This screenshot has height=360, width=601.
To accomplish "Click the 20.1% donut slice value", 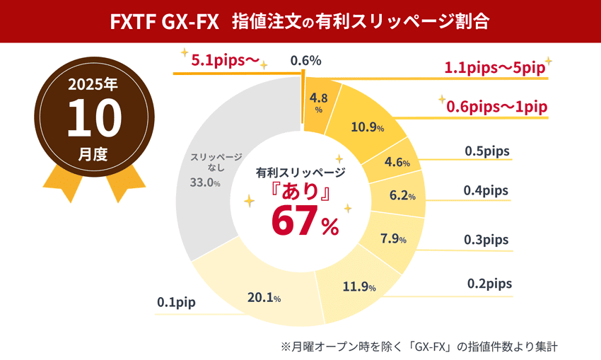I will click(264, 298).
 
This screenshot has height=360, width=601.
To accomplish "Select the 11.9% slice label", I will click(358, 286).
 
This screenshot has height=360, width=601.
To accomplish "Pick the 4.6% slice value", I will click(397, 162).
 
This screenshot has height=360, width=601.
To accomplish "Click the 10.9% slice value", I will click(367, 127).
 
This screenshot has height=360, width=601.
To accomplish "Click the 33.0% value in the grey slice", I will click(204, 182).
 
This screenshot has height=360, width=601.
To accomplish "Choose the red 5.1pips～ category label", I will click(225, 61).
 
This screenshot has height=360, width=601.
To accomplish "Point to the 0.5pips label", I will click(487, 151).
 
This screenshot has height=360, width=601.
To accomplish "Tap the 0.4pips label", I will click(486, 190).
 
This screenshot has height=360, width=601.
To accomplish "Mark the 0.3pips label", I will click(486, 240).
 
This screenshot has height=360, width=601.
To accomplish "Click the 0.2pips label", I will click(489, 284).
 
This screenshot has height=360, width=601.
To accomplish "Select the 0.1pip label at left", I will click(176, 303).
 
